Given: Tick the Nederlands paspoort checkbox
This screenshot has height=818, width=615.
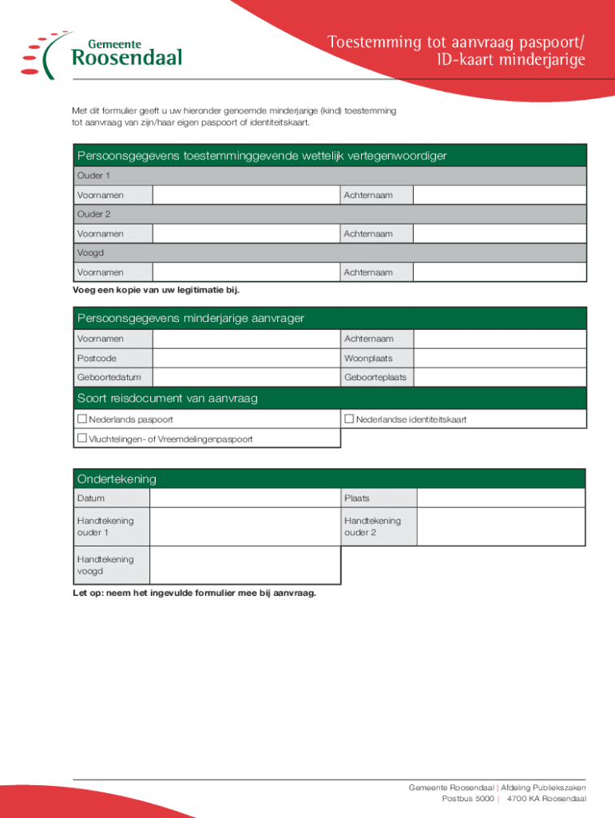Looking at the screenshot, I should click(81, 419).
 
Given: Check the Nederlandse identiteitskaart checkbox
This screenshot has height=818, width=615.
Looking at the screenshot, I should click(349, 419).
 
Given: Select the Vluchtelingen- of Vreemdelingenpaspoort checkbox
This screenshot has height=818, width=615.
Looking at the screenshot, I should click(81, 439).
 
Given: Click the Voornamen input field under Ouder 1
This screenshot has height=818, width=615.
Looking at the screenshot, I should click(246, 195).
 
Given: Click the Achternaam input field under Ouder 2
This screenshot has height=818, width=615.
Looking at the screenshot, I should click(499, 234).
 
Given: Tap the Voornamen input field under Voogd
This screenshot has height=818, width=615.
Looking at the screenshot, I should click(246, 272).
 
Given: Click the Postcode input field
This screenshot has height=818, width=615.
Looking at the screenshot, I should click(246, 358).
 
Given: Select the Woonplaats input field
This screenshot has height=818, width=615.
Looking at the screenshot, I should click(499, 358).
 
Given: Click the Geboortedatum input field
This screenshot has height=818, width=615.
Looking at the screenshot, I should click(246, 377).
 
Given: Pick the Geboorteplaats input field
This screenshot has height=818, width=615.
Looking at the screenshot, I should click(499, 377).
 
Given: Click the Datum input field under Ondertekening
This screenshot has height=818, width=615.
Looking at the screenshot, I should click(245, 498).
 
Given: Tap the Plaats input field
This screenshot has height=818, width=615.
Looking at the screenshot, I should click(501, 498).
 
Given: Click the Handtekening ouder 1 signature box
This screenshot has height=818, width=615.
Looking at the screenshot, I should click(245, 526).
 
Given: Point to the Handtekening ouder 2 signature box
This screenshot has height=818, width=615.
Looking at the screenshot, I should click(501, 526).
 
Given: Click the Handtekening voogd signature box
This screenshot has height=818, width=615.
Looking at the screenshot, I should click(245, 566).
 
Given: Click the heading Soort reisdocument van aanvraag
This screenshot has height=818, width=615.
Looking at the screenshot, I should click(168, 398).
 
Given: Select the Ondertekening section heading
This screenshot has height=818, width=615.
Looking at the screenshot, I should click(117, 478).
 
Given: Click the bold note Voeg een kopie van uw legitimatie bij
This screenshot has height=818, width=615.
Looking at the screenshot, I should click(156, 290).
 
